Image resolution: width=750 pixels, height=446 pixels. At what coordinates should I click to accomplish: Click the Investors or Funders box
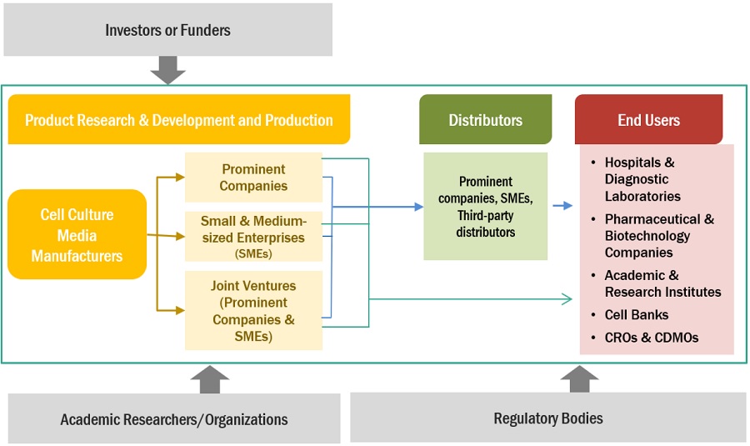coord(167,31)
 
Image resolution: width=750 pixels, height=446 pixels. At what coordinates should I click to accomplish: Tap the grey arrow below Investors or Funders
coord(167,70)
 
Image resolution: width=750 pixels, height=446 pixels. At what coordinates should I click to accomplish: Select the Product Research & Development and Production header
coord(178,120)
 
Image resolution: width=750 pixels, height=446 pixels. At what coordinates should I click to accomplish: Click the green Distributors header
coord(485,120)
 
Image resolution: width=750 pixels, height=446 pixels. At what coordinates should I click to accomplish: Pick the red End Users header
coord(648,120)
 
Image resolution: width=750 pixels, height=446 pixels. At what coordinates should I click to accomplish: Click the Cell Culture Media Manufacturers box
coord(77,235)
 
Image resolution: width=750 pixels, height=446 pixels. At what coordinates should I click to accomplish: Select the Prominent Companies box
coord(253,178)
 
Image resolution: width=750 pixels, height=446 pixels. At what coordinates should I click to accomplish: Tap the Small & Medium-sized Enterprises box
coord(253,235)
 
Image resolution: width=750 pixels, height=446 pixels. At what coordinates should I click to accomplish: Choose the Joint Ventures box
coord(253,311)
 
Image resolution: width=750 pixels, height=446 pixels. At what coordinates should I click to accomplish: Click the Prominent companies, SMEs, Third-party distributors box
coord(485,206)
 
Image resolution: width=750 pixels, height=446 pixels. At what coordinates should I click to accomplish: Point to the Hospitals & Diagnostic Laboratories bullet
coord(642,179)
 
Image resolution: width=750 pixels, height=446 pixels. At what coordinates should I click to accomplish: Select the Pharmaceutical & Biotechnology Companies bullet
coord(659,236)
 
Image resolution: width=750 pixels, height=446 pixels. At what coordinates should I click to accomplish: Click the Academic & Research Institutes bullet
coord(662,283)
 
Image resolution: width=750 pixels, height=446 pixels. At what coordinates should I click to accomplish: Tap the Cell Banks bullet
coord(636,315)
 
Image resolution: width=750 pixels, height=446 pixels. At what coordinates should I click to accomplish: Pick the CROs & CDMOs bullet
coord(651,338)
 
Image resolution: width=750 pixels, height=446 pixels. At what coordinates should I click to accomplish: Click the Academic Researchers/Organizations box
coord(174,418)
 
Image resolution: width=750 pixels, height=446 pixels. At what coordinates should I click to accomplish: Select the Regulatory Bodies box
coord(547,418)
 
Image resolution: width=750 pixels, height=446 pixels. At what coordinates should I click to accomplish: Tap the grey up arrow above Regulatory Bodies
coord(579,379)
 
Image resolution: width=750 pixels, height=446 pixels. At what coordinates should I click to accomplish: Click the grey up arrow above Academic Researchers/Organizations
coord(209,379)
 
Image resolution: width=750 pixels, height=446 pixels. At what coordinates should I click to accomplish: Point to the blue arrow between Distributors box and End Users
coord(562,205)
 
